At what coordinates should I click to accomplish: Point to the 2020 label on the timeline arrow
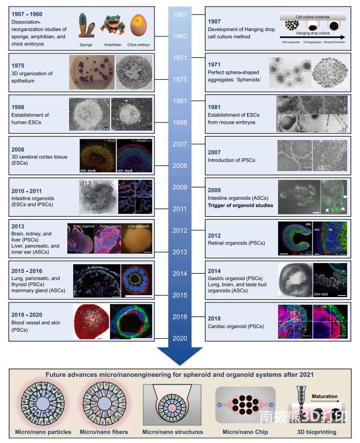pyautogui.click(x=180, y=339)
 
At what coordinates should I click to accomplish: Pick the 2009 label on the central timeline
pyautogui.click(x=180, y=188)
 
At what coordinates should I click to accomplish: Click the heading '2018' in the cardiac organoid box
pyautogui.click(x=214, y=318)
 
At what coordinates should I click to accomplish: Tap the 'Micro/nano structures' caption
pyautogui.click(x=174, y=432)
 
